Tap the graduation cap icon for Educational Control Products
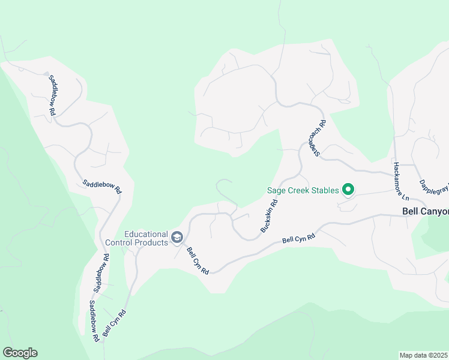[x=176, y=238]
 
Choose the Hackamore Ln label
[x=400, y=181]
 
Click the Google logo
[x=20, y=353]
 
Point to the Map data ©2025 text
[x=424, y=355]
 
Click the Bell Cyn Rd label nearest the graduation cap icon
[x=197, y=261]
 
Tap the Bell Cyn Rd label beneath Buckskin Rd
[x=298, y=239]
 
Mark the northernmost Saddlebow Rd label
[x=52, y=95]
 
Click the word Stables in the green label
[x=323, y=191]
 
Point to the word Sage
[x=276, y=191]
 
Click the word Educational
[x=145, y=234]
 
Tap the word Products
[x=151, y=242]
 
